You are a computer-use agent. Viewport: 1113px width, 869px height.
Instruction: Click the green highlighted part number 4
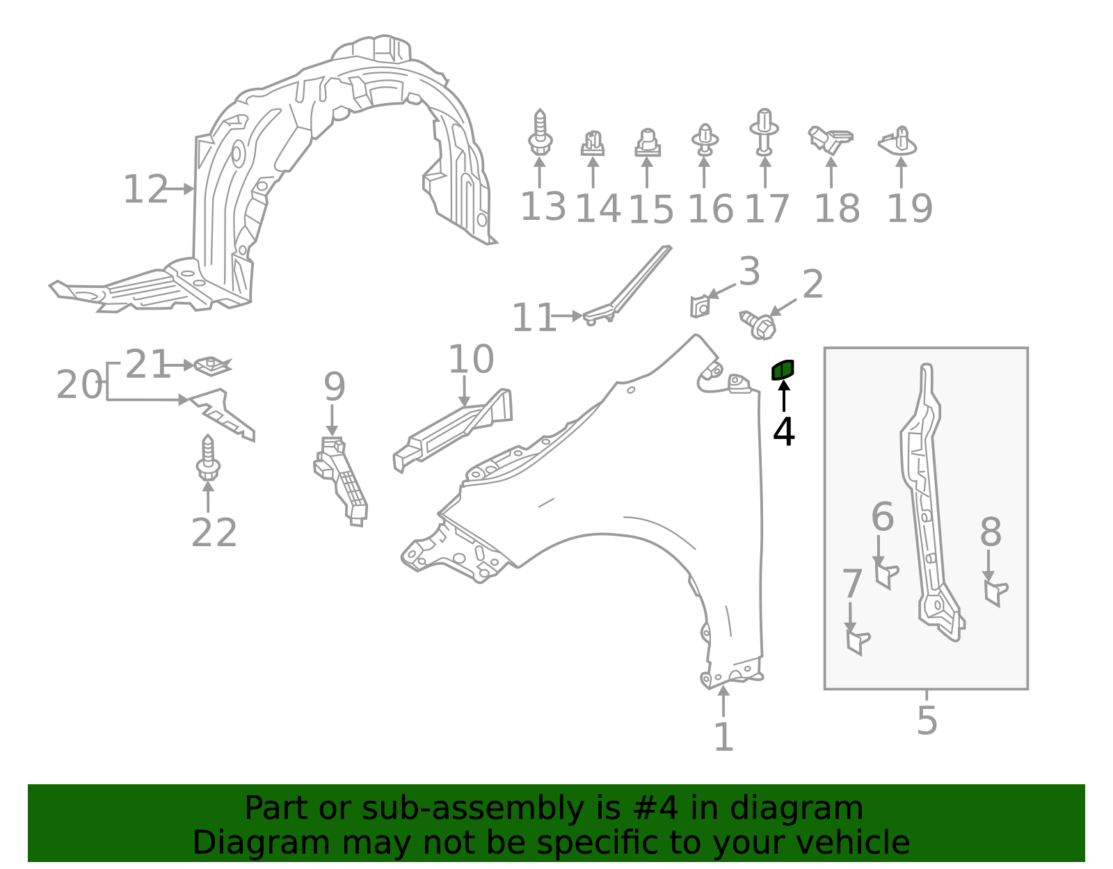pos(783,369)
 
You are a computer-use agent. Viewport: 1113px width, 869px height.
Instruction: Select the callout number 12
pos(145,190)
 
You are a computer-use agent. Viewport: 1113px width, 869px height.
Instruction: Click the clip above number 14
pos(592,143)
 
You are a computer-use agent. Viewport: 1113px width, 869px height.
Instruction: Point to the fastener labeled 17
pos(764,131)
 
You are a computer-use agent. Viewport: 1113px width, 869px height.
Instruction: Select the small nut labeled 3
pos(700,306)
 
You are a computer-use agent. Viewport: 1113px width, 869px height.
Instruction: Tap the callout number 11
pos(533,319)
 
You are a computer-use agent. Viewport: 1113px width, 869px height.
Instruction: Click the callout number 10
pos(471,360)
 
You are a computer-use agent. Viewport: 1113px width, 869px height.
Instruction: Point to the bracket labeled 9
pos(342,479)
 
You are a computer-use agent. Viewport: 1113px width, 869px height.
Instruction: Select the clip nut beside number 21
pos(212,364)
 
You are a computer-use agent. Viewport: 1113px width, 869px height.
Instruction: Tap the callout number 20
pos(79,385)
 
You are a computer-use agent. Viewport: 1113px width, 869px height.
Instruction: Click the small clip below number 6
pos(886,575)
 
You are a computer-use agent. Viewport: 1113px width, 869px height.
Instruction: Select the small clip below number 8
pos(995,592)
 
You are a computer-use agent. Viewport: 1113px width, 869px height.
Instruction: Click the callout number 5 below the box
pos(927,720)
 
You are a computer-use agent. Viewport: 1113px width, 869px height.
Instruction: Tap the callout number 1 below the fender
pos(723,738)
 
